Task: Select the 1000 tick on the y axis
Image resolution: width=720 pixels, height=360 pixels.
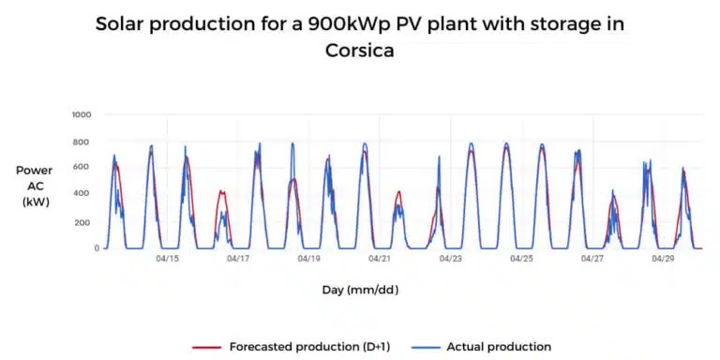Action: [83, 114]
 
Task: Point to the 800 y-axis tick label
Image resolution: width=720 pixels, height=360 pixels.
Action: [86, 142]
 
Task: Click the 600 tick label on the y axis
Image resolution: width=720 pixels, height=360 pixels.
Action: [86, 168]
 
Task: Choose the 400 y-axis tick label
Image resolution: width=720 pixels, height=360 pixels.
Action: [86, 195]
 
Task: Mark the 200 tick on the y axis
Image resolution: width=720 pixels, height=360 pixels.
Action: [86, 222]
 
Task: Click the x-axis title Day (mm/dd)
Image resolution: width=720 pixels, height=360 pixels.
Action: [360, 291]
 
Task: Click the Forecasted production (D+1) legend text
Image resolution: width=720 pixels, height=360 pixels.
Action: [309, 347]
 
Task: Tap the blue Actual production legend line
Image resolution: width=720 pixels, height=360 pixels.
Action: [428, 347]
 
